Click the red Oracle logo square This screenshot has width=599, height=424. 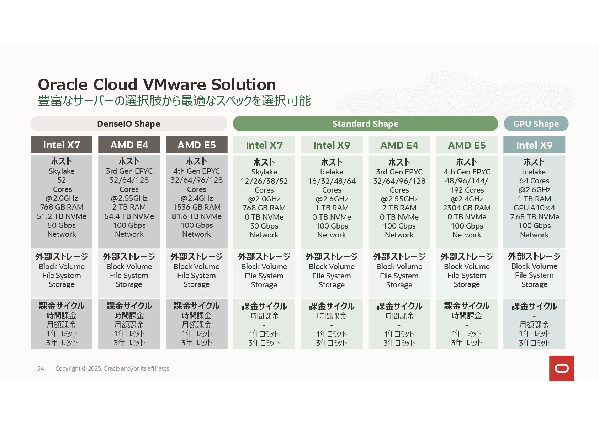561,368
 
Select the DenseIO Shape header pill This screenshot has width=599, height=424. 128,124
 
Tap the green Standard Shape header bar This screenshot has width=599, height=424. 365,124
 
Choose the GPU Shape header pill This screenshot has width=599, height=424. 536,124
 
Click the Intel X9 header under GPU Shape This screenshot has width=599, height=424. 534,145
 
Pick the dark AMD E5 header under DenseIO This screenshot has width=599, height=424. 196,145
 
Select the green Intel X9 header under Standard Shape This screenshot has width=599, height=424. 332,145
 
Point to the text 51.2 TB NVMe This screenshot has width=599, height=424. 62,216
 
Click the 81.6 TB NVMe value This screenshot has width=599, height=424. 196,216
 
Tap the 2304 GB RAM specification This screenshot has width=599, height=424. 467,208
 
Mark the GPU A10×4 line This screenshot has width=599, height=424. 534,208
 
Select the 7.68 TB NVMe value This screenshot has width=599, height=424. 534,217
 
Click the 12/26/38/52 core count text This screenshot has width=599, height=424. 264,181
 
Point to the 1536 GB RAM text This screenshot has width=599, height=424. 196,207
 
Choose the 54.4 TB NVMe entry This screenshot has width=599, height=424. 129,216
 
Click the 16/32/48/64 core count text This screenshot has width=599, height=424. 332,181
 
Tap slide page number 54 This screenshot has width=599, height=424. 41,368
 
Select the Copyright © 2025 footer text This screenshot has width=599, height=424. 112,368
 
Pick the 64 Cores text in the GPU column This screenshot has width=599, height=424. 534,181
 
